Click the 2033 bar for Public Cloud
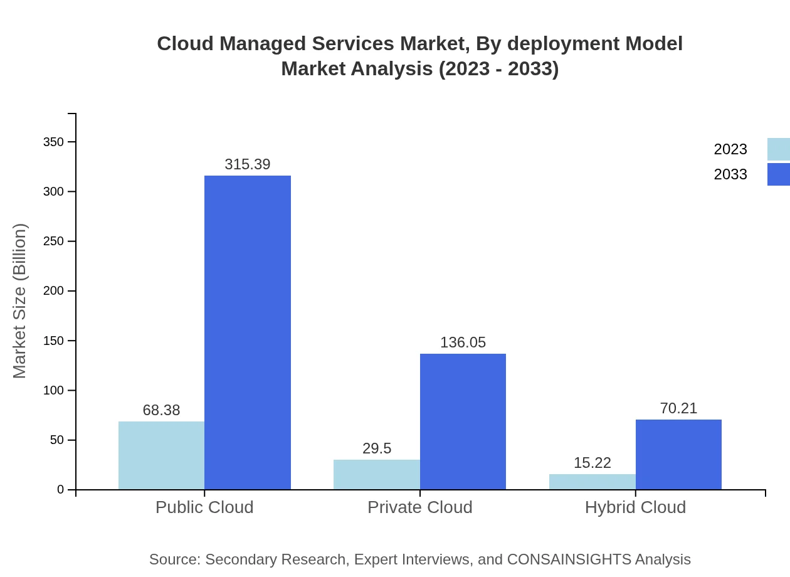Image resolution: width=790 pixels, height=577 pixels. (x=248, y=332)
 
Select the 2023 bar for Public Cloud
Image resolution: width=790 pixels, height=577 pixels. (x=161, y=455)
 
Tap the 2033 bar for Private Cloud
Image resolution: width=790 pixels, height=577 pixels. (x=463, y=421)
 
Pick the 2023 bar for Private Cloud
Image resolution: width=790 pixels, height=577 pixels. (x=376, y=475)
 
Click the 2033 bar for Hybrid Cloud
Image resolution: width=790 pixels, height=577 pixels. (x=678, y=455)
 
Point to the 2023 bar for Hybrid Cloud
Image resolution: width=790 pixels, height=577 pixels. (x=592, y=482)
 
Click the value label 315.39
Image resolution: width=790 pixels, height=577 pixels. (x=248, y=164)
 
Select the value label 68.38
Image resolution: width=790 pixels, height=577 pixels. (x=161, y=410)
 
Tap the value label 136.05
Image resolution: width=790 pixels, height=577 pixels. (x=463, y=342)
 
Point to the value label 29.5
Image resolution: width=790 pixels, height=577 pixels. (x=377, y=448)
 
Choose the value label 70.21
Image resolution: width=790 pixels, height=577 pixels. (x=678, y=408)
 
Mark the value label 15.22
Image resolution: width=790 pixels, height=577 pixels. (x=592, y=463)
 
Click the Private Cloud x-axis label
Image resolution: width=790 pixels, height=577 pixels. (x=419, y=507)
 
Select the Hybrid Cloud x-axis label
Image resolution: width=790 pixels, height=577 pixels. (x=635, y=507)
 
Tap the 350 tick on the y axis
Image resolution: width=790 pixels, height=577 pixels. (x=54, y=142)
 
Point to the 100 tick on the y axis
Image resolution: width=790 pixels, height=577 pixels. (x=54, y=391)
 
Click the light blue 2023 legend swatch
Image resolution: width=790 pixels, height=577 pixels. (x=778, y=149)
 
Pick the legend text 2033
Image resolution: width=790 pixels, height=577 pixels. (x=730, y=174)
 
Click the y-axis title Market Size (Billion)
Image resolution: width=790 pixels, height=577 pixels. (x=19, y=301)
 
